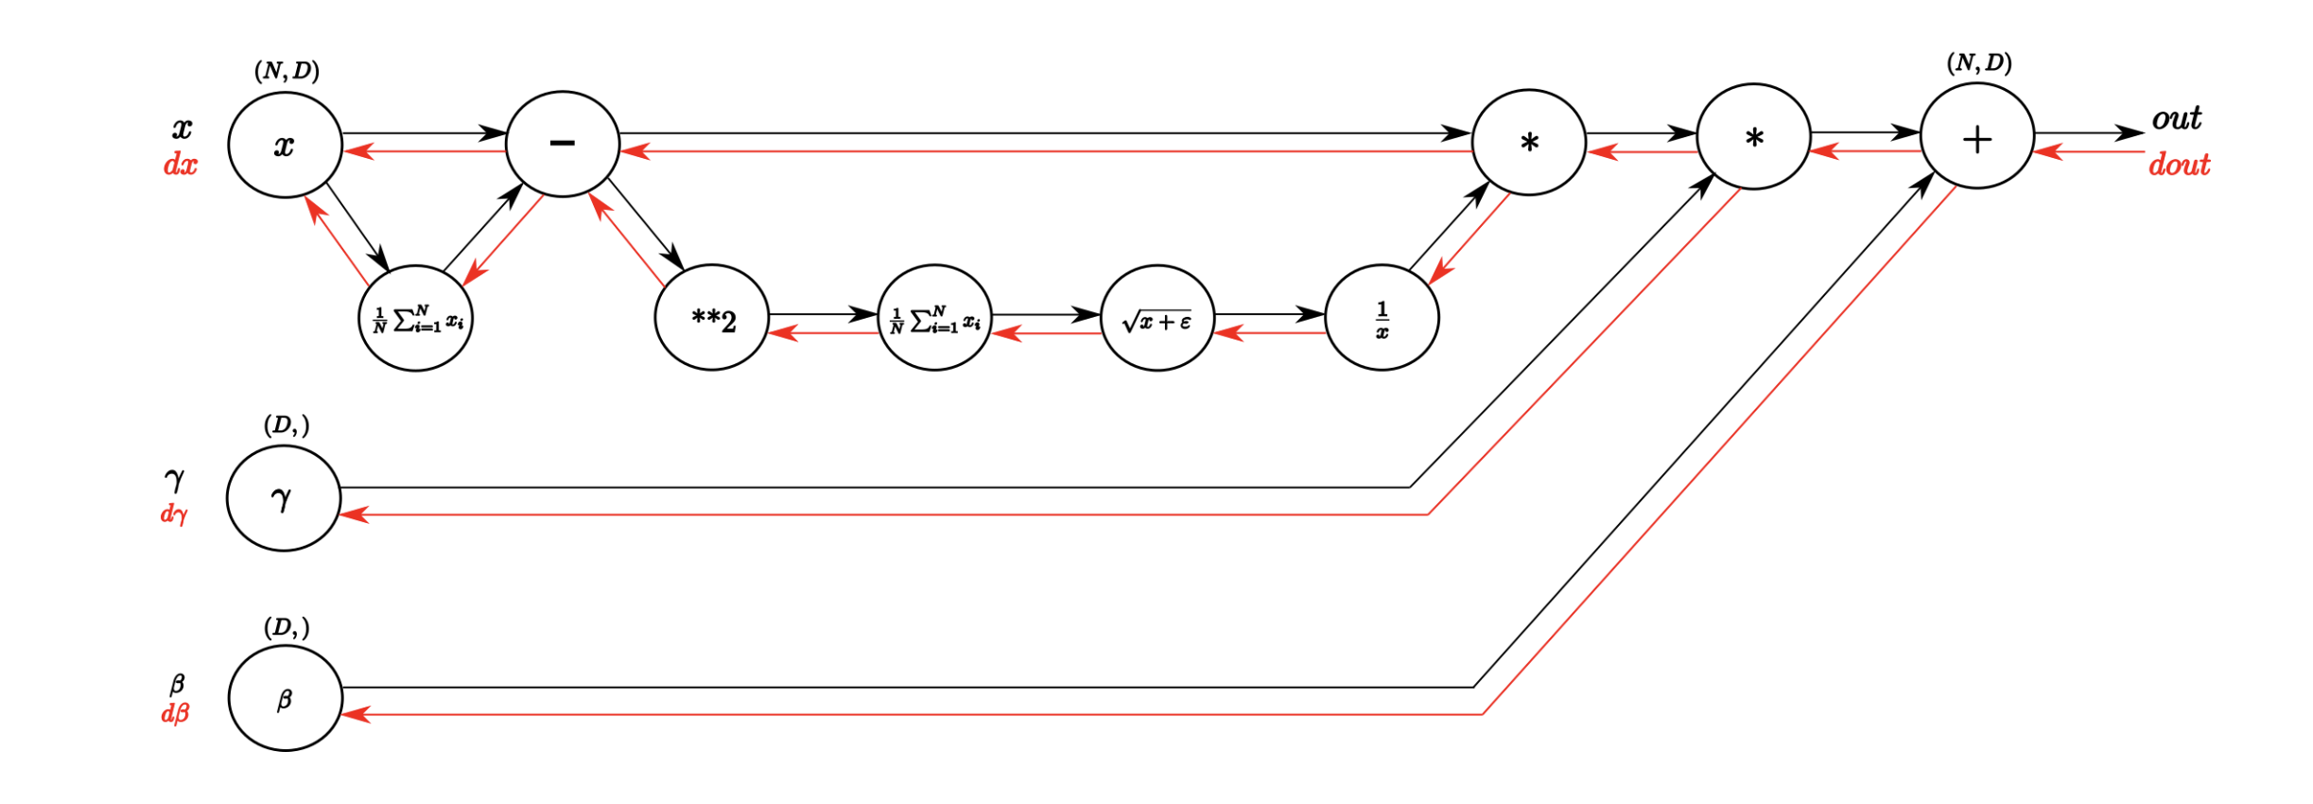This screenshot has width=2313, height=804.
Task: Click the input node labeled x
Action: [285, 145]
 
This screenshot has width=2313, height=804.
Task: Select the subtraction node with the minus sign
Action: [563, 144]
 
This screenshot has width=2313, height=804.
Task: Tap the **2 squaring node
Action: [712, 318]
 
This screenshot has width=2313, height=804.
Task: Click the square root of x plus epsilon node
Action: [1157, 318]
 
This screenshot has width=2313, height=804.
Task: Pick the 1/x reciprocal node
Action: [1382, 318]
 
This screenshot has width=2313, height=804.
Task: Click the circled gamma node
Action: [284, 498]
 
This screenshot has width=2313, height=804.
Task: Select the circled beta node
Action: [285, 698]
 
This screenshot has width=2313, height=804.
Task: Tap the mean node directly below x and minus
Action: [416, 318]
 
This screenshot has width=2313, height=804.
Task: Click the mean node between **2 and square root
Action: [934, 318]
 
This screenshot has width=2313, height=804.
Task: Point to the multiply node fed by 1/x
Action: [1528, 143]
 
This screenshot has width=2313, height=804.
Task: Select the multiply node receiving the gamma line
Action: [1753, 137]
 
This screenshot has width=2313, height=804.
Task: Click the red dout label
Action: [2179, 166]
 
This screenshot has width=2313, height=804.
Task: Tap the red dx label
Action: [180, 166]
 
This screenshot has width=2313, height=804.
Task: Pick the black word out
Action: [2176, 119]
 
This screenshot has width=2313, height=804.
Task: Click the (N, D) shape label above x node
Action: [287, 71]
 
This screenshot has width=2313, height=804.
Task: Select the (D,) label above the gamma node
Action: [287, 426]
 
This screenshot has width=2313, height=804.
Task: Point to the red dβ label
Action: [175, 713]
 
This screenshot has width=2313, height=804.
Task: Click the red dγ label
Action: [174, 515]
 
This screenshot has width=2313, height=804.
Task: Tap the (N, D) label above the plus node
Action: [1978, 63]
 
